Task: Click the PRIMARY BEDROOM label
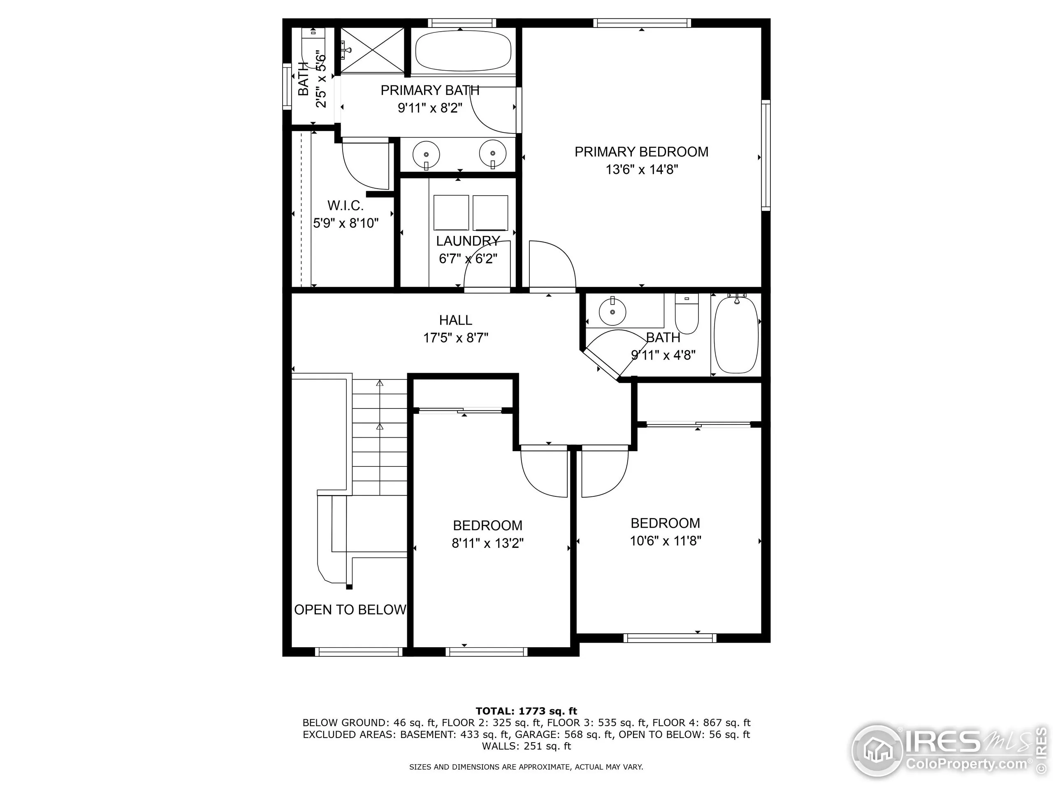[641, 152]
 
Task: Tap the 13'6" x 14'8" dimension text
[641, 170]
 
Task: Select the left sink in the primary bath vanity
[426, 154]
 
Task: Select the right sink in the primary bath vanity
[493, 154]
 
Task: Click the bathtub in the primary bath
[463, 51]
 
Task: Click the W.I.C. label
[346, 206]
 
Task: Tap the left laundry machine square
[451, 212]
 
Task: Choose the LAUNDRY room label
[468, 241]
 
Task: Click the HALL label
[456, 320]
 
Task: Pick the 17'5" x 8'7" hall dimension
[456, 338]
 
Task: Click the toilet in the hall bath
[687, 314]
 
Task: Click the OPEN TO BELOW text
[350, 610]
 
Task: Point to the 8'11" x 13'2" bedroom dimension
[487, 543]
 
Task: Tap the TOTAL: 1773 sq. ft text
[526, 711]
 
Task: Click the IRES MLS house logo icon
[877, 750]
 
